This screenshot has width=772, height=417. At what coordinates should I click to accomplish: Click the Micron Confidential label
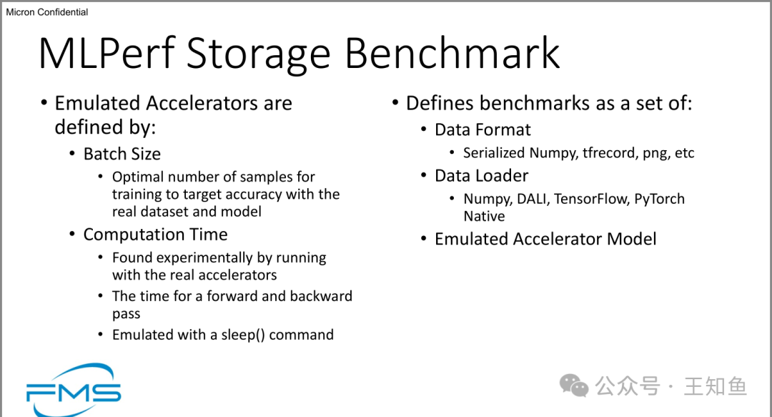click(47, 12)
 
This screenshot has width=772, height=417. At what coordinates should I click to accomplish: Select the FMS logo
click(73, 390)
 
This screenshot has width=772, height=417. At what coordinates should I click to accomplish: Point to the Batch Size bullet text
click(122, 154)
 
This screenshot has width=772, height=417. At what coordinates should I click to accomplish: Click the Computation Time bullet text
click(155, 235)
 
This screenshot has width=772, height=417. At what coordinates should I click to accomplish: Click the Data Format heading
click(482, 129)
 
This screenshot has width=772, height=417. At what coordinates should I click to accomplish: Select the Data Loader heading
click(481, 176)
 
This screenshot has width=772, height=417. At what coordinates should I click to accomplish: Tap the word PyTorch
click(659, 200)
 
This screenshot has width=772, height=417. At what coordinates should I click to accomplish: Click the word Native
click(484, 216)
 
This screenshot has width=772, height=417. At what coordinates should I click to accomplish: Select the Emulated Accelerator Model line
click(545, 239)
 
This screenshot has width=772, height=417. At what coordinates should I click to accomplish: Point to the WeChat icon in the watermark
click(574, 386)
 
